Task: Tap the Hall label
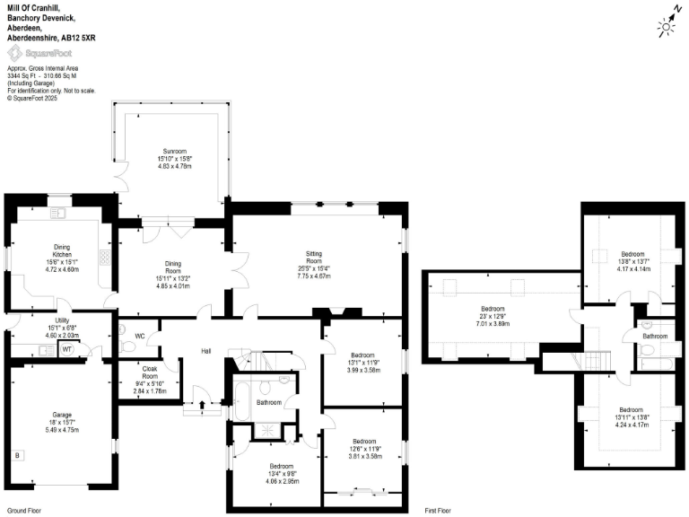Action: point(205,351)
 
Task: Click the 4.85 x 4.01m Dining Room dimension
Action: point(172,285)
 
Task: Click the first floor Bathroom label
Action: point(655,336)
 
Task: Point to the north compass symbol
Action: point(667,27)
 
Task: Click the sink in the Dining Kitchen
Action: point(58,213)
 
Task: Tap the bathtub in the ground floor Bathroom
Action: point(244,394)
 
